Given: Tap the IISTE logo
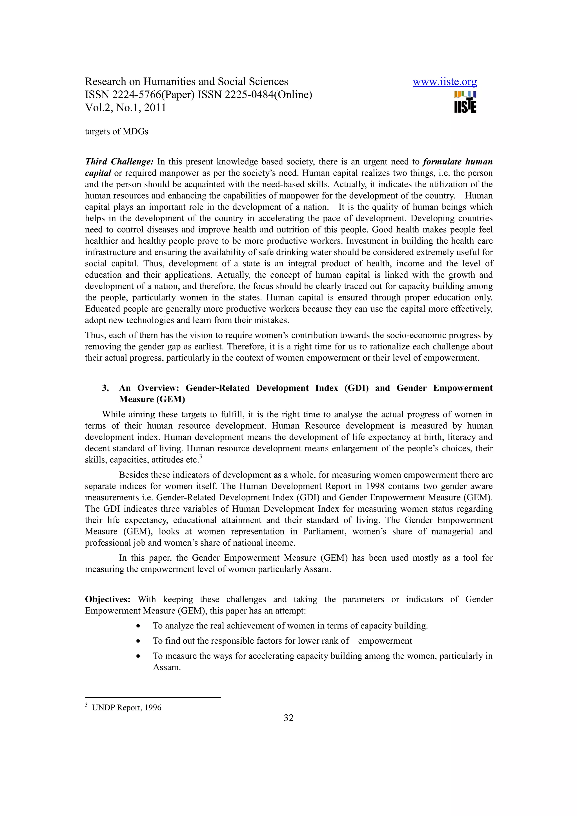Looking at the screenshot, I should [465, 102].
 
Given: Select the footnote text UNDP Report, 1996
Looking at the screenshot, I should [127, 708].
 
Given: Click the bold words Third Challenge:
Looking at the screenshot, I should [119, 162].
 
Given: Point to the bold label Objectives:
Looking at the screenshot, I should [108, 599].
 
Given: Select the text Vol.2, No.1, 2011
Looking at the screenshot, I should [125, 108].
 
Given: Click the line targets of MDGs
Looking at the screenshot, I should [116, 131].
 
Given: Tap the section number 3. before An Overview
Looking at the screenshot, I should [105, 388].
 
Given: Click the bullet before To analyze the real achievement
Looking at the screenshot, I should [138, 626].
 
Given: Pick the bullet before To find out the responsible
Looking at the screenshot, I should [138, 641].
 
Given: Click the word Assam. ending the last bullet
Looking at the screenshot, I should [167, 667].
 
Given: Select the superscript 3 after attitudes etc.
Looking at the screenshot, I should [201, 457].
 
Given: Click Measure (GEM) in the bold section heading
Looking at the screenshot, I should [152, 400].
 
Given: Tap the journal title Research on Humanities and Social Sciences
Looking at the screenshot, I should [186, 82].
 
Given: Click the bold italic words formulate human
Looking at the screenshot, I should [458, 162].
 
